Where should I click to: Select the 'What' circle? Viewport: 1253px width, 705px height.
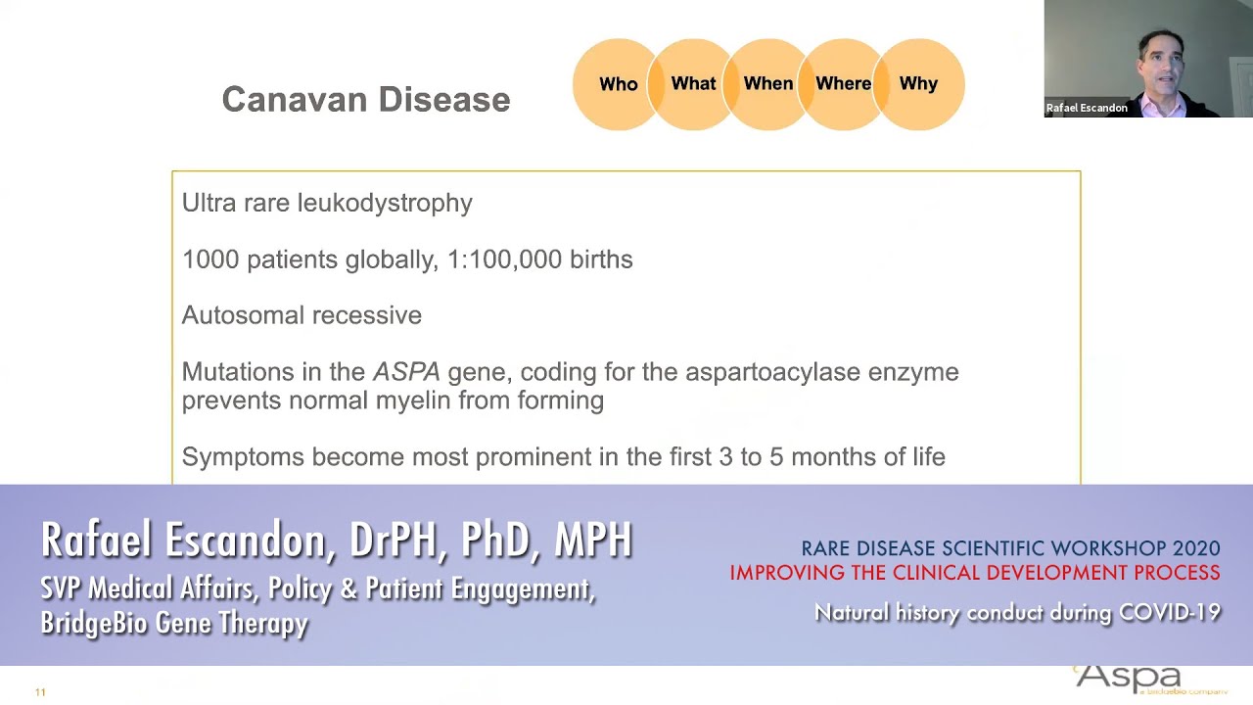click(693, 84)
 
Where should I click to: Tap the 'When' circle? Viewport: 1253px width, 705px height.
click(768, 84)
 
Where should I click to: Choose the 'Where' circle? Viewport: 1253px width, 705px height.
click(843, 84)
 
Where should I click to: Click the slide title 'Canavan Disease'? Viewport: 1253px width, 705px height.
click(366, 100)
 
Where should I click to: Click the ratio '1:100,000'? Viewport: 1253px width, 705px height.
click(504, 259)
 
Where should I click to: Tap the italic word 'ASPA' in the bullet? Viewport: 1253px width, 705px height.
click(406, 372)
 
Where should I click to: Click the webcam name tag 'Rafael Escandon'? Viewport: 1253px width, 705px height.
click(1087, 109)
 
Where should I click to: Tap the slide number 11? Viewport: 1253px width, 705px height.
click(40, 692)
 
